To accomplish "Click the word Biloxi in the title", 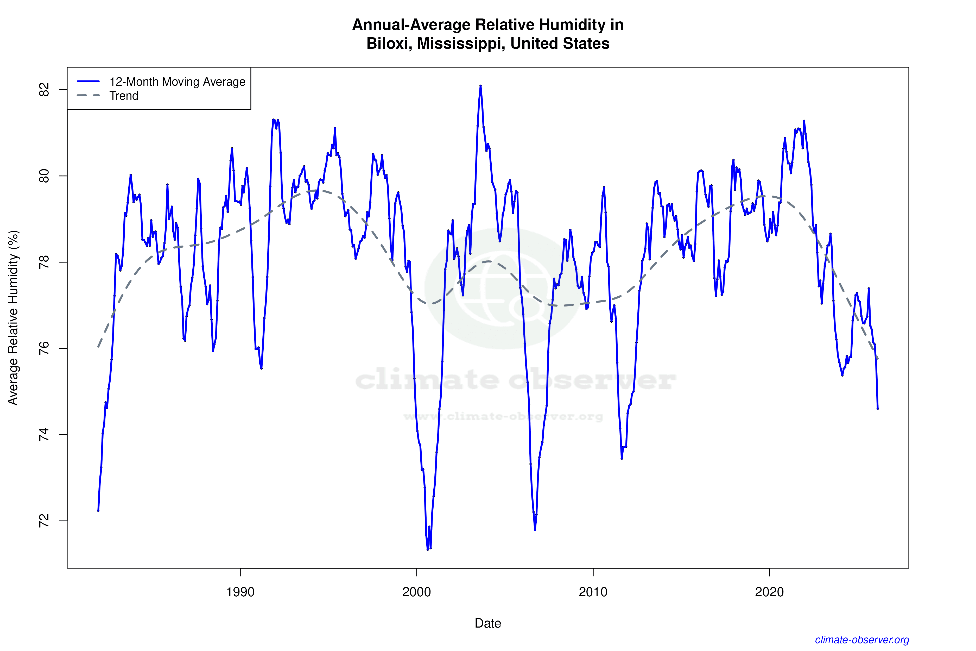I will [389, 43].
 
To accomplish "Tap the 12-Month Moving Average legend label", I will [177, 82].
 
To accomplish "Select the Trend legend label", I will [124, 96].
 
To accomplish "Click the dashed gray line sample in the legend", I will [88, 96].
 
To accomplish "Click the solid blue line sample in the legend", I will [88, 81].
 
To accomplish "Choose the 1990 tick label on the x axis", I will [240, 592].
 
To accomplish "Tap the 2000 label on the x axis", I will [417, 592].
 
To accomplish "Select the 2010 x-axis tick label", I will [593, 592].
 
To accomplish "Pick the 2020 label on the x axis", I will [769, 592].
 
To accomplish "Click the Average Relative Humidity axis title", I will [13, 318].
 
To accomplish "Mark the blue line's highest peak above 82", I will [480, 86].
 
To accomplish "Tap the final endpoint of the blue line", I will [877, 409].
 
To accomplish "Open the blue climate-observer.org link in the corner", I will [862, 640].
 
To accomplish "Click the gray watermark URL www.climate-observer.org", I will [503, 416].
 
